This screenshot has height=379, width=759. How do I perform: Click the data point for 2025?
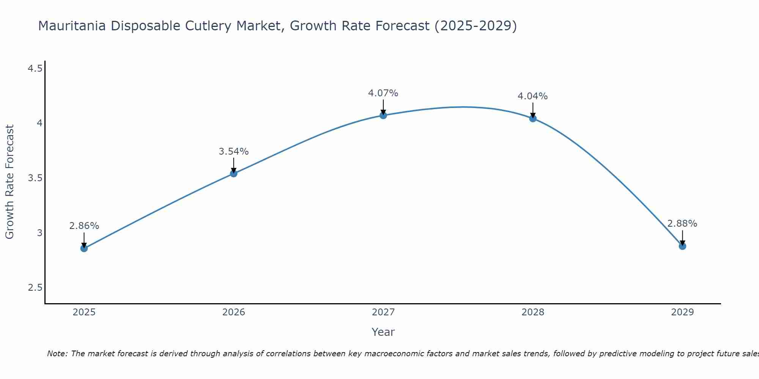tap(84, 248)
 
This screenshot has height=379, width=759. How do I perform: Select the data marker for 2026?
tap(234, 174)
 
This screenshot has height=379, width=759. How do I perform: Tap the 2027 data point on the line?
tap(383, 115)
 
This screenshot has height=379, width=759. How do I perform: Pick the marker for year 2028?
tap(533, 118)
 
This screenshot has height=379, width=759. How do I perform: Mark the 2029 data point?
tap(682, 246)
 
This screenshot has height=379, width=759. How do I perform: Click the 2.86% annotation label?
tap(84, 226)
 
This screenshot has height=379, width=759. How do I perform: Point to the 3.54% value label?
tap(234, 152)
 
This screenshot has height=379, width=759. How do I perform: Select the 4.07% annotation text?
tap(383, 93)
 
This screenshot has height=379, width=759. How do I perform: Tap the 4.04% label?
tap(533, 96)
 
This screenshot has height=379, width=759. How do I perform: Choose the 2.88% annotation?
tap(682, 224)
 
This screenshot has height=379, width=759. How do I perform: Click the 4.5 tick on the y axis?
tap(35, 69)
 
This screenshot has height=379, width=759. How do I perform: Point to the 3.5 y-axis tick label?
tap(35, 178)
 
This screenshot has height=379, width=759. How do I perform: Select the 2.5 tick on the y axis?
tap(35, 288)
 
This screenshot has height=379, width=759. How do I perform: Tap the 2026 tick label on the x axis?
tap(234, 312)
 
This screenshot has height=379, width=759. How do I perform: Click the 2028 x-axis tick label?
tap(533, 312)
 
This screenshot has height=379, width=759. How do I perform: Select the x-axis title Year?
tap(383, 332)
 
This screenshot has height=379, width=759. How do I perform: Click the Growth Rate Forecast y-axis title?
tap(10, 182)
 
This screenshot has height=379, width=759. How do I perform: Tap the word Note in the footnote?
tap(57, 354)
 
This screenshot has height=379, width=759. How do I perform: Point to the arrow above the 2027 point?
tap(383, 106)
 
